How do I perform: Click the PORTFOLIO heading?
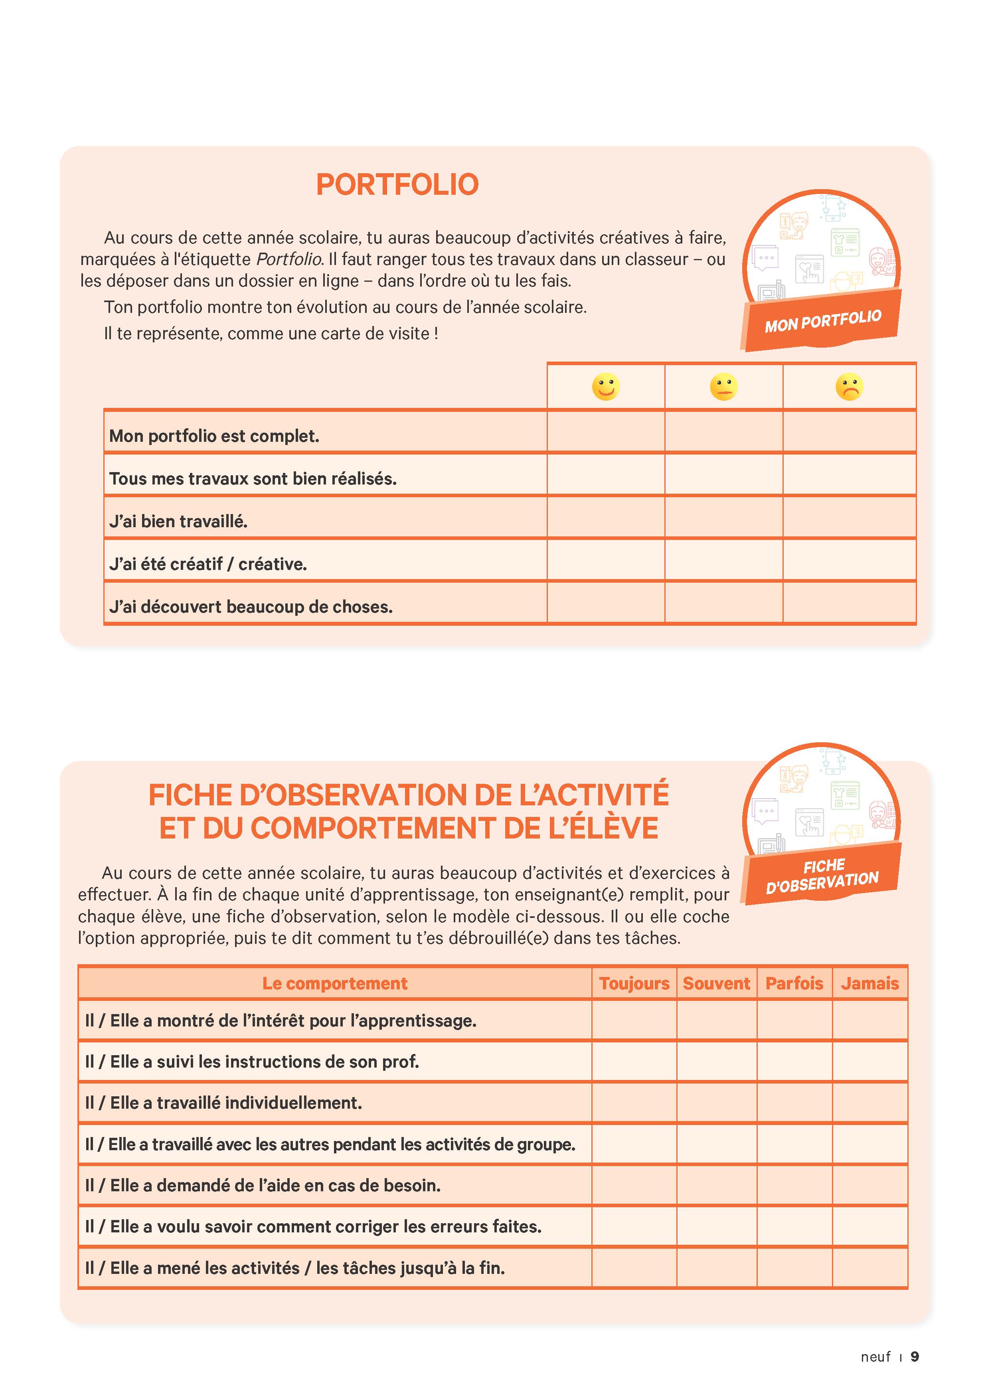(397, 184)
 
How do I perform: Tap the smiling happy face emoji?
(605, 387)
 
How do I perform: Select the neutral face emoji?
(723, 387)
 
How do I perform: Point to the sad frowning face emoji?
(849, 387)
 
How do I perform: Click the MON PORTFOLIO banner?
(822, 321)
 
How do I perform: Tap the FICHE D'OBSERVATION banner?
(822, 873)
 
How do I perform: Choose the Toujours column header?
(634, 983)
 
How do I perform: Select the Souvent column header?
(716, 983)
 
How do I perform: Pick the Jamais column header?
(869, 983)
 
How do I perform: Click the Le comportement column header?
(335, 983)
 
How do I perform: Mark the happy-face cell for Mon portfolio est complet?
(605, 432)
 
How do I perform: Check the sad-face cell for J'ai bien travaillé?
(849, 517)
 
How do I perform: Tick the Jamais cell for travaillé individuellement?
(869, 1102)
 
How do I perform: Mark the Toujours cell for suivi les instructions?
(634, 1062)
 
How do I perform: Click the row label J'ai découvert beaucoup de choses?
(251, 607)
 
